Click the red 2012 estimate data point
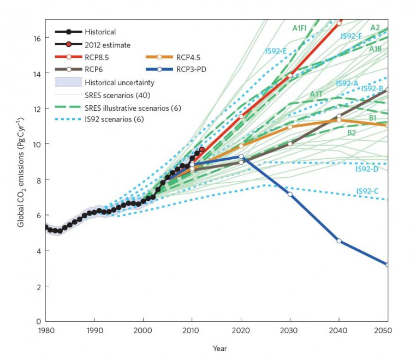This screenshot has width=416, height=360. [x=202, y=149]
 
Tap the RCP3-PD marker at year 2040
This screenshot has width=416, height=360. [x=339, y=241]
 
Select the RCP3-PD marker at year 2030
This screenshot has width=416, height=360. [x=290, y=194]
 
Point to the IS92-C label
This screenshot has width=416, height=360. [x=367, y=190]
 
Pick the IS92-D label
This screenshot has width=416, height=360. [x=367, y=169]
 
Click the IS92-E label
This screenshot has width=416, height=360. [x=276, y=51]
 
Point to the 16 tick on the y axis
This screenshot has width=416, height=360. [x=37, y=38]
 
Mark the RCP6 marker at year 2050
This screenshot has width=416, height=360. [x=388, y=90]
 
